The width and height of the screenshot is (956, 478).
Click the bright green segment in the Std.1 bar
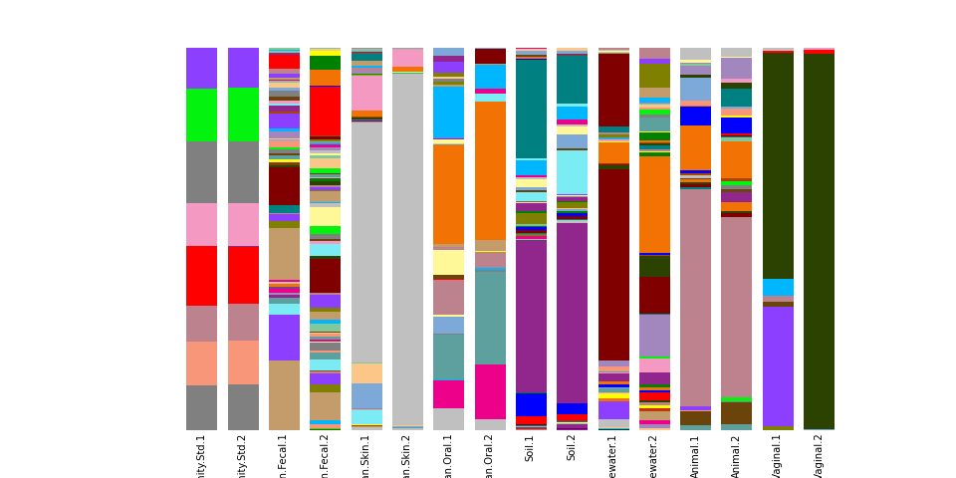[201, 115]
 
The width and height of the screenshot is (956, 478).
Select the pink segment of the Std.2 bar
[243, 224]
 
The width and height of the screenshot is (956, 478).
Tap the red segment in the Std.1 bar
[201, 275]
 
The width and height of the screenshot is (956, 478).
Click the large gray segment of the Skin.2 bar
[408, 249]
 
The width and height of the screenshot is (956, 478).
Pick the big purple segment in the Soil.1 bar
[531, 315]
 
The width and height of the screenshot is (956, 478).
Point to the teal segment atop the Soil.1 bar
[531, 108]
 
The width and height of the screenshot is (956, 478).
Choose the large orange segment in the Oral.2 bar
[490, 170]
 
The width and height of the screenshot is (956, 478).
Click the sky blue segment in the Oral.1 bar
[448, 113]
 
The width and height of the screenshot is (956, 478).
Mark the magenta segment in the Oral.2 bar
[490, 391]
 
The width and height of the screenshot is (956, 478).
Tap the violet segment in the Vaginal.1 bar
[778, 364]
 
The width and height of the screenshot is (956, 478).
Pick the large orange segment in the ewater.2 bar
[654, 204]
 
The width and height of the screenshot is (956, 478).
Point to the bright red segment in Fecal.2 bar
[325, 111]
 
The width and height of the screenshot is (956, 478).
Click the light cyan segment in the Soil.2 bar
[572, 171]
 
